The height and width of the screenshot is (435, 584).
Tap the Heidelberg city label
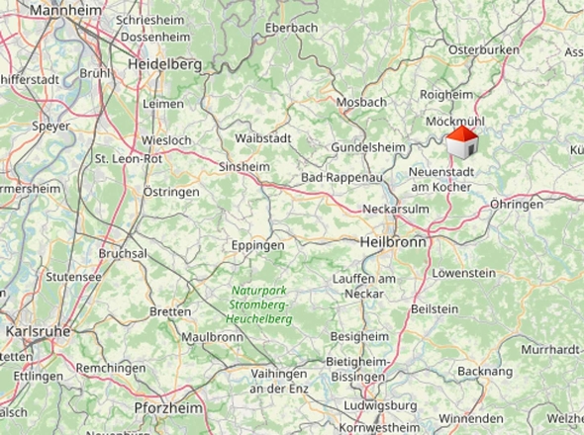coord(165,64)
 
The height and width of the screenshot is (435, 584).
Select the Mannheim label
coord(66,10)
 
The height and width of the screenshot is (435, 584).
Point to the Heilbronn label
coord(392,242)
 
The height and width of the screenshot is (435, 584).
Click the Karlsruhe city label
coord(38,331)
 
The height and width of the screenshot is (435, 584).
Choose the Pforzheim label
coord(168,408)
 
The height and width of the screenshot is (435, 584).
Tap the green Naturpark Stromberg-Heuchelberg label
coord(259,305)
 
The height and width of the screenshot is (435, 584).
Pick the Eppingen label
coord(257,245)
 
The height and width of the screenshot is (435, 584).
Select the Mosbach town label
coord(361,102)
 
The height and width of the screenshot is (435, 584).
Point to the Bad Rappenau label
coord(341,178)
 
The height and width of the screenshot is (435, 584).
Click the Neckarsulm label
coord(396,211)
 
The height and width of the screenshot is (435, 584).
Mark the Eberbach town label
coord(292,28)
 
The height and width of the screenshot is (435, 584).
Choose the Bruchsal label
coord(123,253)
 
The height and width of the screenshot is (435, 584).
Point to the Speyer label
coord(50,127)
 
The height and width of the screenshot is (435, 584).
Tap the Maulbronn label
coord(213,337)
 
